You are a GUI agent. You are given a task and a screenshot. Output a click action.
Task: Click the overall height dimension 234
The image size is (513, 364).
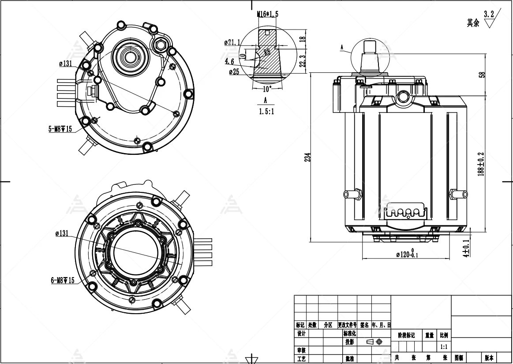(308, 157)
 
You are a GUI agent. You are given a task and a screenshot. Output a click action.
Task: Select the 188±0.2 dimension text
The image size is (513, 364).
(481, 164)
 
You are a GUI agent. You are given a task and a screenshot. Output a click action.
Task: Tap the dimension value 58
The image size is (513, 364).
(482, 75)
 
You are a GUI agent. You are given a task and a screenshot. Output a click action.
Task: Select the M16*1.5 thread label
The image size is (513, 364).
(268, 14)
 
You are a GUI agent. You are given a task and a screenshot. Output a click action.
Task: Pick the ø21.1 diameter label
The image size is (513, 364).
(232, 43)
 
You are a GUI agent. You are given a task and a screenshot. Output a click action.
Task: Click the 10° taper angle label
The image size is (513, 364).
(267, 88)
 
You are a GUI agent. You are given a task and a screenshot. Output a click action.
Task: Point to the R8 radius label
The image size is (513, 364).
(267, 52)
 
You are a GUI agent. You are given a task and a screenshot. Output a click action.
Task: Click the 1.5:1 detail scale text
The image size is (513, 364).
(266, 111)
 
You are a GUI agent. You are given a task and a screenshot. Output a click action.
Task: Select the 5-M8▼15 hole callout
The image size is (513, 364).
(60, 129)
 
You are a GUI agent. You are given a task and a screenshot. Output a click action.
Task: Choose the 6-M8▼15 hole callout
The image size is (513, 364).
(62, 280)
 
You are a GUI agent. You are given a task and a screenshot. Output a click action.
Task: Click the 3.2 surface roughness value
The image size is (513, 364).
(488, 14)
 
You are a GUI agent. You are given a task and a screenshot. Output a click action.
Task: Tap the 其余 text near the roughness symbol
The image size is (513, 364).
(473, 23)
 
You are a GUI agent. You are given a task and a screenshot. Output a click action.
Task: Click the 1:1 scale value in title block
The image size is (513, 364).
(444, 347)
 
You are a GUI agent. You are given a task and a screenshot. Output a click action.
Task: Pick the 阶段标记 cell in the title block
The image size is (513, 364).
(406, 335)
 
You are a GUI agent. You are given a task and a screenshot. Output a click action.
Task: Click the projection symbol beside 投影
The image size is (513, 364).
(374, 342)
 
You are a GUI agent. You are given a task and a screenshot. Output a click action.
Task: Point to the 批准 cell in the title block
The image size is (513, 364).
(349, 358)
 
